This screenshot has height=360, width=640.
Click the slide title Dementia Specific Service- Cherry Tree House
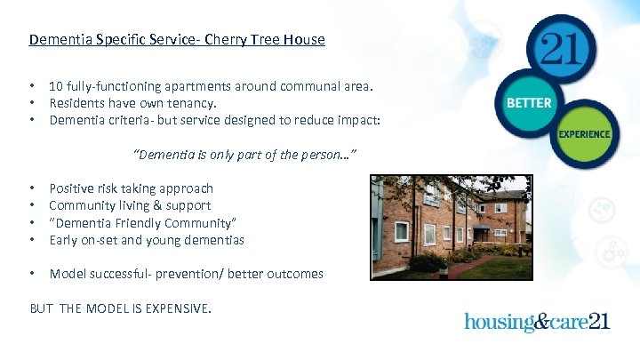pyautogui.click(x=177, y=40)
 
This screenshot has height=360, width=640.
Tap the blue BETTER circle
pyautogui.click(x=529, y=103)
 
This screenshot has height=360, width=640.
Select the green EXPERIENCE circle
pyautogui.click(x=584, y=134)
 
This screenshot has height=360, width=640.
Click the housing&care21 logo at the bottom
pyautogui.click(x=537, y=320)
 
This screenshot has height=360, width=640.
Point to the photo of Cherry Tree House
pyautogui.click(x=451, y=226)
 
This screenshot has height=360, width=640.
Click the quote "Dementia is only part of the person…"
pyautogui.click(x=245, y=156)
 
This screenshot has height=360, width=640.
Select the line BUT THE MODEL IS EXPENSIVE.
pyautogui.click(x=121, y=308)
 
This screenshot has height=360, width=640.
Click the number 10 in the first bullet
pyautogui.click(x=56, y=86)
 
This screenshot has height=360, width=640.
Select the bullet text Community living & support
pyautogui.click(x=130, y=205)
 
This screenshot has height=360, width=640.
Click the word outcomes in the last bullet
pyautogui.click(x=295, y=274)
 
